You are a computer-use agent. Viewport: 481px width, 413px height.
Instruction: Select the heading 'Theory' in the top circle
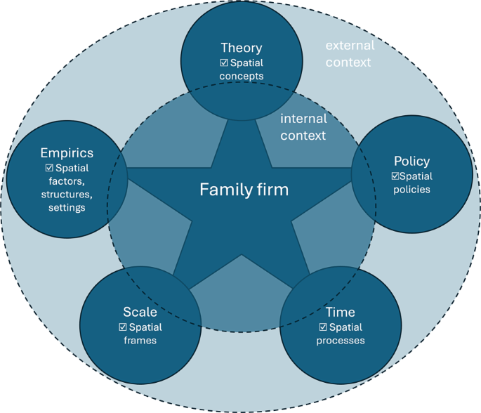pos(241,48)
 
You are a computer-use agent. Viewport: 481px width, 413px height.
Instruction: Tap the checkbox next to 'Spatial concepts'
pos(224,63)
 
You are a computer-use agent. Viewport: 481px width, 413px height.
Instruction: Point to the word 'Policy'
pos(411,162)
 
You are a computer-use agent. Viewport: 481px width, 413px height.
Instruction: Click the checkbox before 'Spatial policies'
pos(395,176)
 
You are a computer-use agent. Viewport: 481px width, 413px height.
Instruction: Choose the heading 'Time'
pos(341,312)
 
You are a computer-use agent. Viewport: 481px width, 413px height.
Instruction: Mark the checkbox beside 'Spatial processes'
pos(323,327)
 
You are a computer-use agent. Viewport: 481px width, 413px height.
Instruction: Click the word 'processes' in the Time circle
pos(341,341)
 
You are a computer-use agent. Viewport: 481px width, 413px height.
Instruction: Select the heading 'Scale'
pos(140,312)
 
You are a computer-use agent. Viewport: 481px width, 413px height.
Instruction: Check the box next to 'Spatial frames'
pos(123,327)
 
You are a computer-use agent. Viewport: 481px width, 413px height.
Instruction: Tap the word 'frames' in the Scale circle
pos(140,341)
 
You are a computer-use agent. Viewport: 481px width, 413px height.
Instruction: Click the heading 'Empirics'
pos(67,152)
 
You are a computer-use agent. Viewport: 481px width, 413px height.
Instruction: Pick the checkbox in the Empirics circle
pos(49,169)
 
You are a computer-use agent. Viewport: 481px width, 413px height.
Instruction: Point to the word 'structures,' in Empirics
pos(67,195)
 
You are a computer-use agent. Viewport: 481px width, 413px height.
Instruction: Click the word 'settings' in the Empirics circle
pos(67,208)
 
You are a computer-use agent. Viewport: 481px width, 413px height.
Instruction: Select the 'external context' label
pos(349,53)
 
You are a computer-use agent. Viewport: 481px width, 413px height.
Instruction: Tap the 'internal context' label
pos(303,127)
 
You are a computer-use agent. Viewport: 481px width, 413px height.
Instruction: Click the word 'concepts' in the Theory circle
pos(241,76)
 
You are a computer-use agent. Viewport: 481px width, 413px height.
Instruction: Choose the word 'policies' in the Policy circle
pos(411,190)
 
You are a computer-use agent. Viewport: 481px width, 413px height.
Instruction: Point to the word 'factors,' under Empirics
pos(67,181)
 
